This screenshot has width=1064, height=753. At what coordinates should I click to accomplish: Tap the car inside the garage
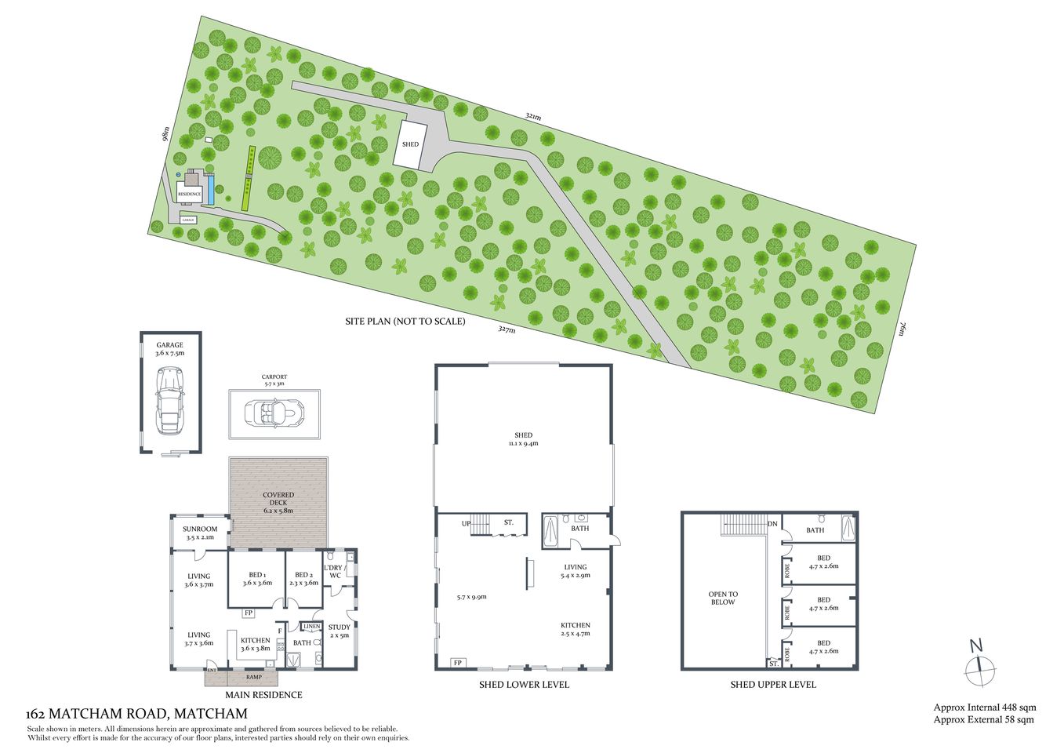point(170,400)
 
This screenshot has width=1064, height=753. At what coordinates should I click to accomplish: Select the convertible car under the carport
point(274,412)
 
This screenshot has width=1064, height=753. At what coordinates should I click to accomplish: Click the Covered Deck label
point(278,503)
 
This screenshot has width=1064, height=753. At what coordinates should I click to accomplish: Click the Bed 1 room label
point(256,579)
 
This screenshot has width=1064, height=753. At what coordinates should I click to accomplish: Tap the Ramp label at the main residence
point(254,677)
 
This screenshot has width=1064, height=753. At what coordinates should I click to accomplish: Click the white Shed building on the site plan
point(410,144)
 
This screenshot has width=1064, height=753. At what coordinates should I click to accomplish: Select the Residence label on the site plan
point(190,194)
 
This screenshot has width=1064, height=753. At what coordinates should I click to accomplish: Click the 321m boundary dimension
point(533,117)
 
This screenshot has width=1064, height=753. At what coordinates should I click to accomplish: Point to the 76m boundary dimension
point(902,328)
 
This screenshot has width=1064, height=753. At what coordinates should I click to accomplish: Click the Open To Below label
point(723,598)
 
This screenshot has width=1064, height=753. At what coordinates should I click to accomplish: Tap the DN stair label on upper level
point(772,524)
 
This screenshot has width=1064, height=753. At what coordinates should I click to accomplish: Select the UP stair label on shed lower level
point(466,522)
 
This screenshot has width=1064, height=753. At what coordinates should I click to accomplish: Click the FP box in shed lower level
point(457,663)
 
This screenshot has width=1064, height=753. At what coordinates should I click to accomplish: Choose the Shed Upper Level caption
point(773,685)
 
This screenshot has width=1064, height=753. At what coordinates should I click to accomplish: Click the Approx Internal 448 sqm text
point(985,708)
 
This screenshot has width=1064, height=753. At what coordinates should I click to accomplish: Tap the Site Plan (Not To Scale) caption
point(405,322)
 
